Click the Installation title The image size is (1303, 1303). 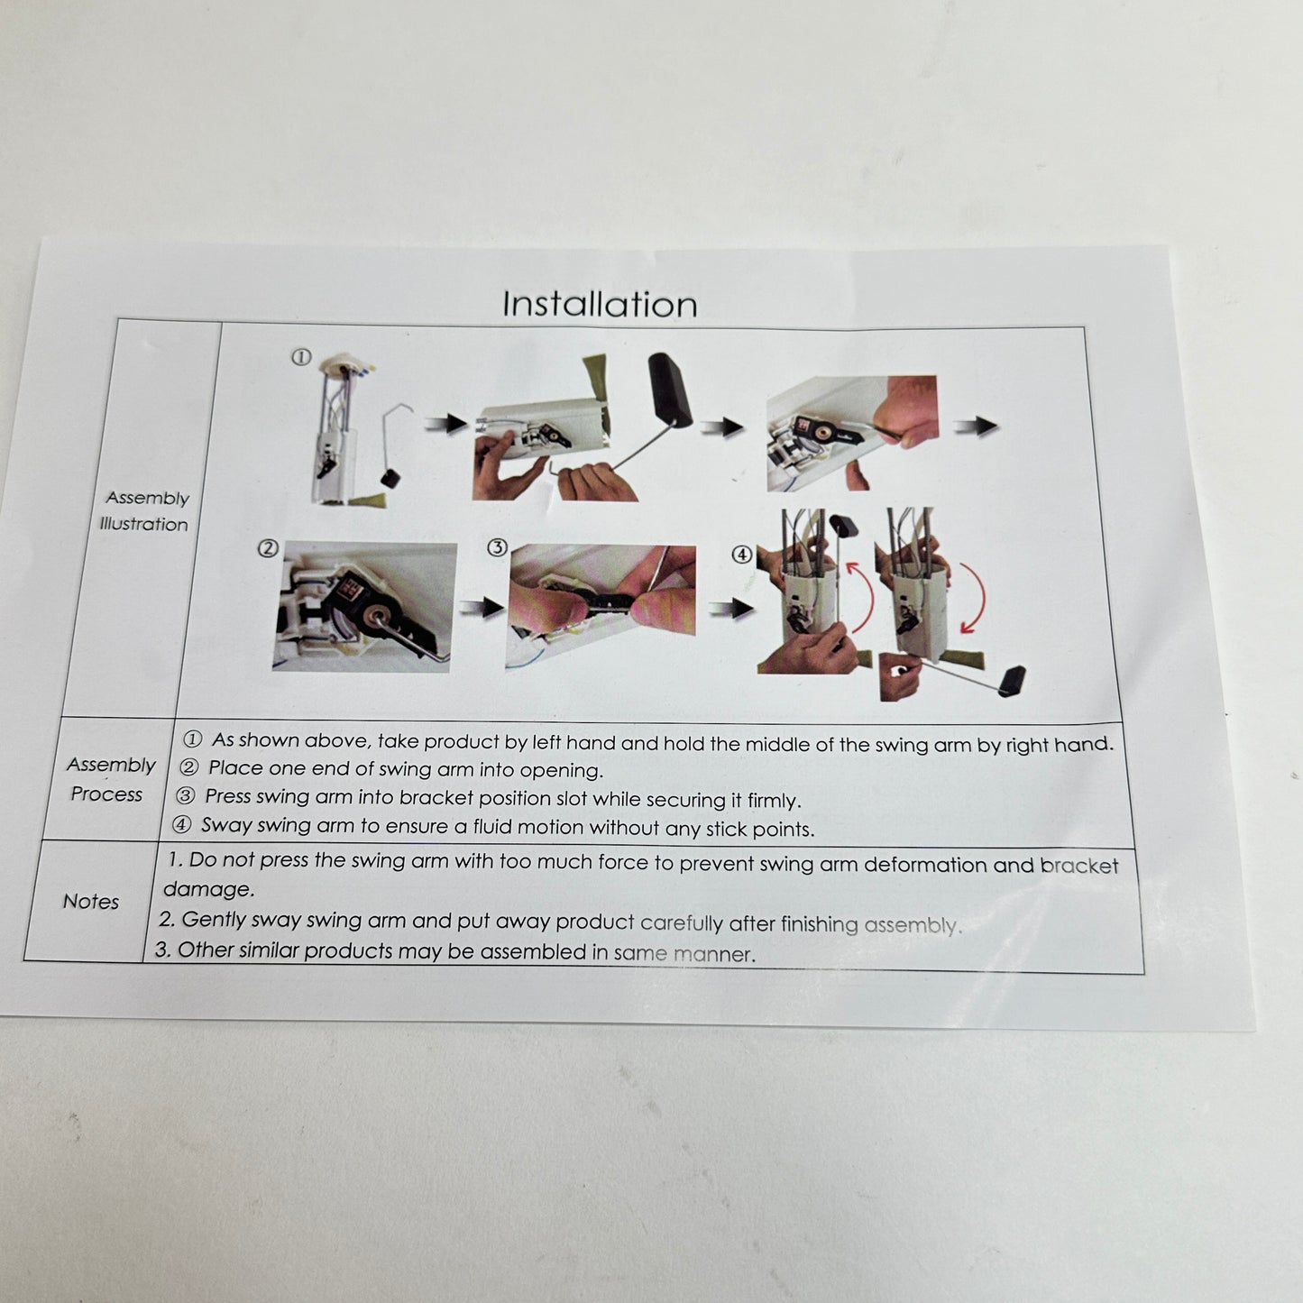point(600,304)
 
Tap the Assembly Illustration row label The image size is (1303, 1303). point(145,510)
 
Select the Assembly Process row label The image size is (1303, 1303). point(109,779)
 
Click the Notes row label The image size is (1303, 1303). point(91,901)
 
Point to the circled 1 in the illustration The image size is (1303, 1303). point(301,357)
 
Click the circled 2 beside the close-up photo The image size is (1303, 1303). point(268,548)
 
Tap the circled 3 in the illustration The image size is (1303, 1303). point(497,547)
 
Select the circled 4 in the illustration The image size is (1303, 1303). point(741,554)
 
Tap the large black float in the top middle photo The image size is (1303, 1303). point(670,389)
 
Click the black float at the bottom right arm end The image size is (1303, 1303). point(1012,681)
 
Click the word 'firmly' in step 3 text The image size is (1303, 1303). point(774,801)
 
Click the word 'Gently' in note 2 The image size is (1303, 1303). point(214,919)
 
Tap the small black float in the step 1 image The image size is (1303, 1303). point(390,478)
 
